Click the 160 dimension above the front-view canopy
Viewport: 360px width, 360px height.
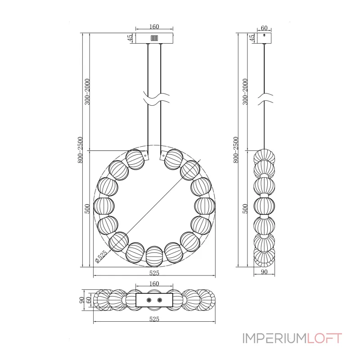pos(154,27)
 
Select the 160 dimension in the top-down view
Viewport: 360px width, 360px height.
pos(154,284)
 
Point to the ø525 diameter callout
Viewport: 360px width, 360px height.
pos(101,256)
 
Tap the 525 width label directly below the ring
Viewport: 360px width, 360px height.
pos(154,273)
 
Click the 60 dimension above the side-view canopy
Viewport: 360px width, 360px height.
pos(264,28)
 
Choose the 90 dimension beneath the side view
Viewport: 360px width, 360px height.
pos(264,272)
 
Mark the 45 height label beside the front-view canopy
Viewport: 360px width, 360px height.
pos(130,38)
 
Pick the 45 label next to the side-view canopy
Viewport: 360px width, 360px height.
pos(252,38)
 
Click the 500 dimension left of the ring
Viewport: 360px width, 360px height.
pos(87,209)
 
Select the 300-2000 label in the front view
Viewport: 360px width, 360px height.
pos(87,92)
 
